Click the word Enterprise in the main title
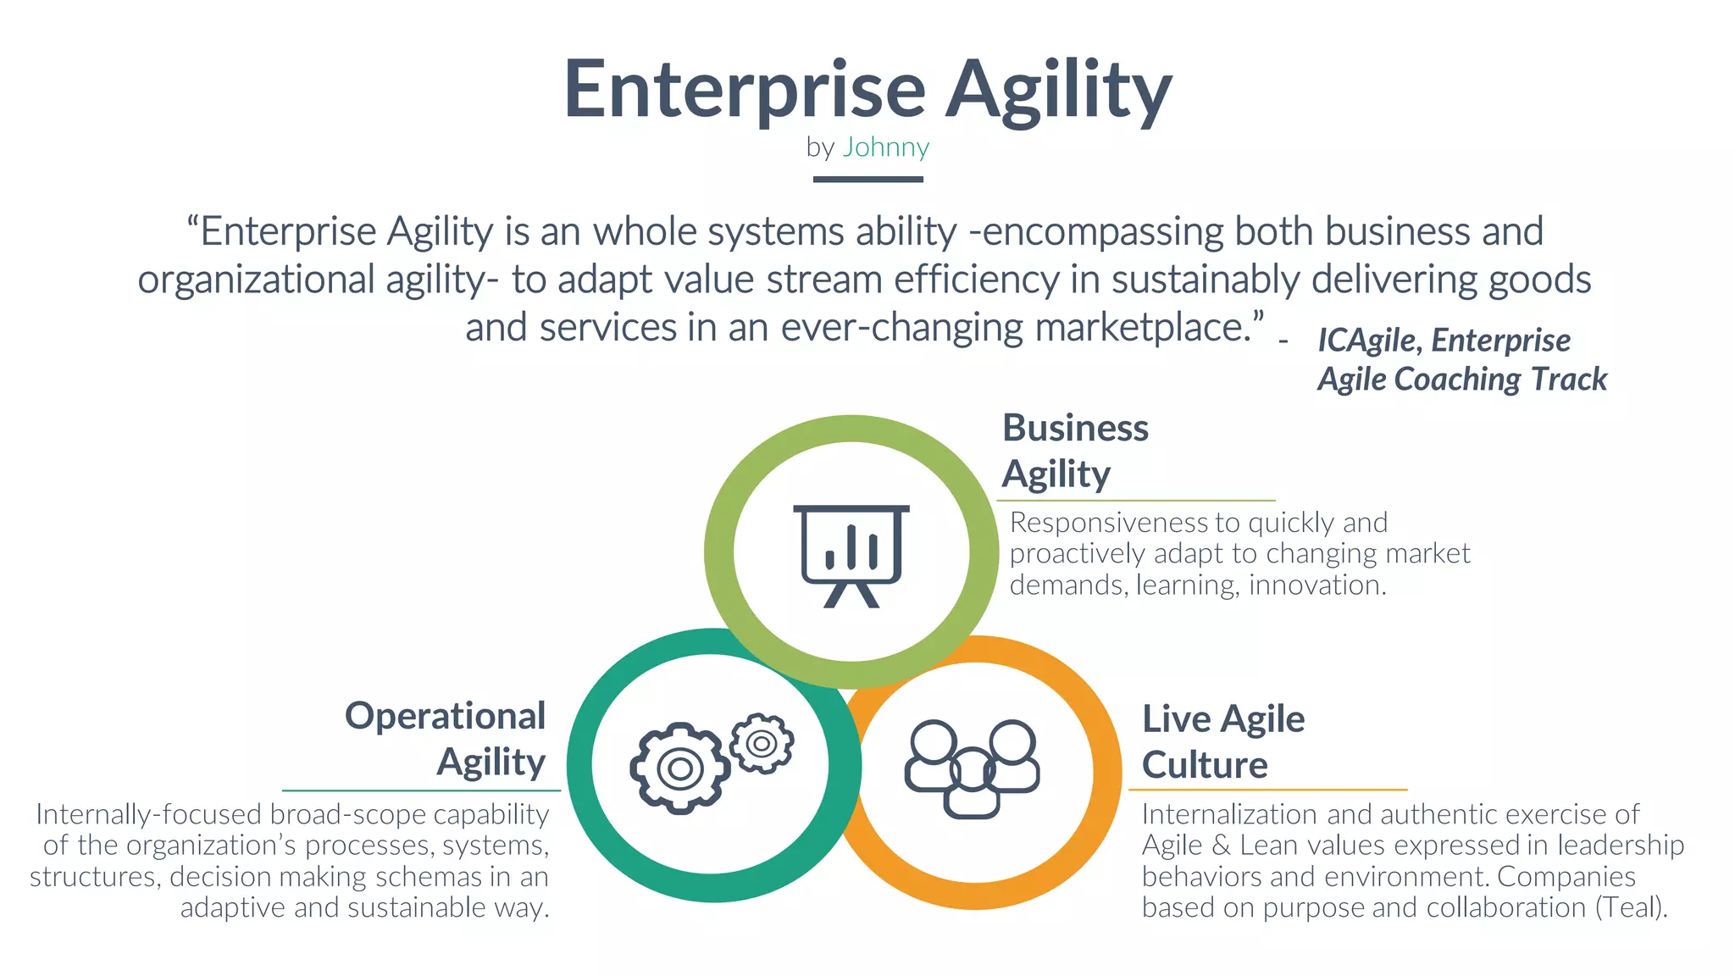click(x=745, y=90)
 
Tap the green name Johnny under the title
click(x=885, y=147)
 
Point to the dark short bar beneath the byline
click(x=867, y=180)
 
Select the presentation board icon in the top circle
click(x=851, y=556)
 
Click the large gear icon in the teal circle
click(x=679, y=768)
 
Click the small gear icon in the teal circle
click(x=762, y=743)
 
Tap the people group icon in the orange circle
click(x=972, y=768)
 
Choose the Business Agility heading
click(x=1075, y=451)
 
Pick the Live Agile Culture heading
click(x=1222, y=741)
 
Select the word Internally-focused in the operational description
click(x=148, y=814)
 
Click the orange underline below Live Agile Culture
click(x=1267, y=790)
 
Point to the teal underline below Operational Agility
click(x=421, y=790)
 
